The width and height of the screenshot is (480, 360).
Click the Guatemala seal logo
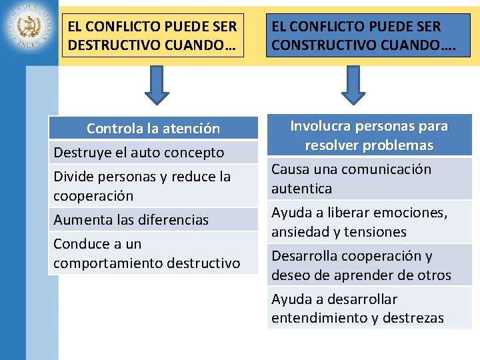29,27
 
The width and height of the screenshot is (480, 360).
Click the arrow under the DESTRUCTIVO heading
157,84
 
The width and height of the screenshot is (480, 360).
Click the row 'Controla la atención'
153,128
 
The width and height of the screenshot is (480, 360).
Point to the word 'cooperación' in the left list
93,196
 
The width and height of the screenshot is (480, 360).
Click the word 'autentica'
301,189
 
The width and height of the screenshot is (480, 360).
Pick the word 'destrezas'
413,318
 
